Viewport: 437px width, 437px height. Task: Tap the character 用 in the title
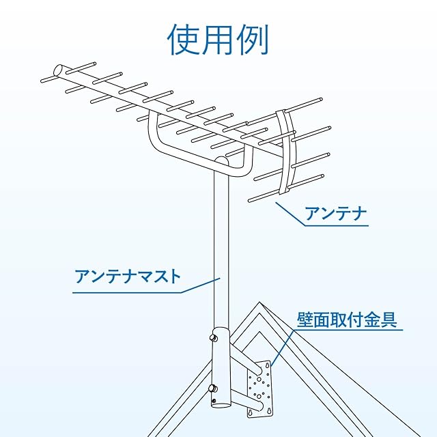point(218,40)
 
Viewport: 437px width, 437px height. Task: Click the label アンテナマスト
point(128,277)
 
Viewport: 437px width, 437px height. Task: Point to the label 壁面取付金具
point(347,319)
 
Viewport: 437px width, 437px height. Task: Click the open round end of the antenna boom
point(59,70)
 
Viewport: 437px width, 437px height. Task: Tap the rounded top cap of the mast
point(219,162)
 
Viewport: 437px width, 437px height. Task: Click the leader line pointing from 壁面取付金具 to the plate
point(283,348)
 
